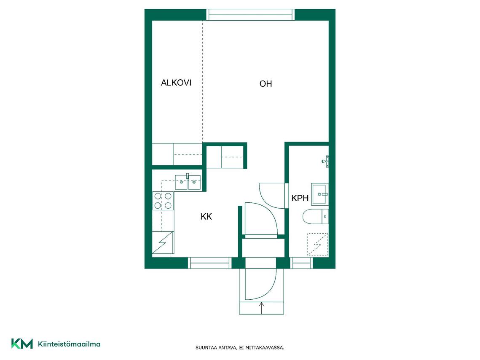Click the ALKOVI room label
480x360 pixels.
tap(176, 83)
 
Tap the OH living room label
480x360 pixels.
tap(265, 84)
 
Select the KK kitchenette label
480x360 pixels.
tap(206, 217)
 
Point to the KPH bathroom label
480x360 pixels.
tap(300, 198)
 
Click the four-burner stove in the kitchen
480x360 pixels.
tap(163, 201)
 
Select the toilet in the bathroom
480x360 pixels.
tap(315, 216)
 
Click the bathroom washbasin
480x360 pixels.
tap(320, 194)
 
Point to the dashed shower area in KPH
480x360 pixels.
tap(317, 244)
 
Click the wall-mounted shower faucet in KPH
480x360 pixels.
tap(325, 161)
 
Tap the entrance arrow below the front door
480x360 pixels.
tap(261, 308)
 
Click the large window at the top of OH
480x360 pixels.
tap(250, 15)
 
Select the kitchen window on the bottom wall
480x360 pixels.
tap(209, 263)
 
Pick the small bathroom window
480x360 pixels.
tap(301, 263)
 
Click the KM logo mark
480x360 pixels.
tap(22, 344)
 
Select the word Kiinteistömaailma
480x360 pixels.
tap(69, 344)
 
